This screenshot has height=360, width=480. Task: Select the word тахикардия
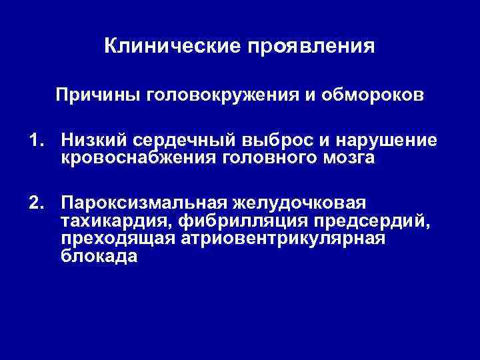[x=115, y=220]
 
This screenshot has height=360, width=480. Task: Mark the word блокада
[x=99, y=256]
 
